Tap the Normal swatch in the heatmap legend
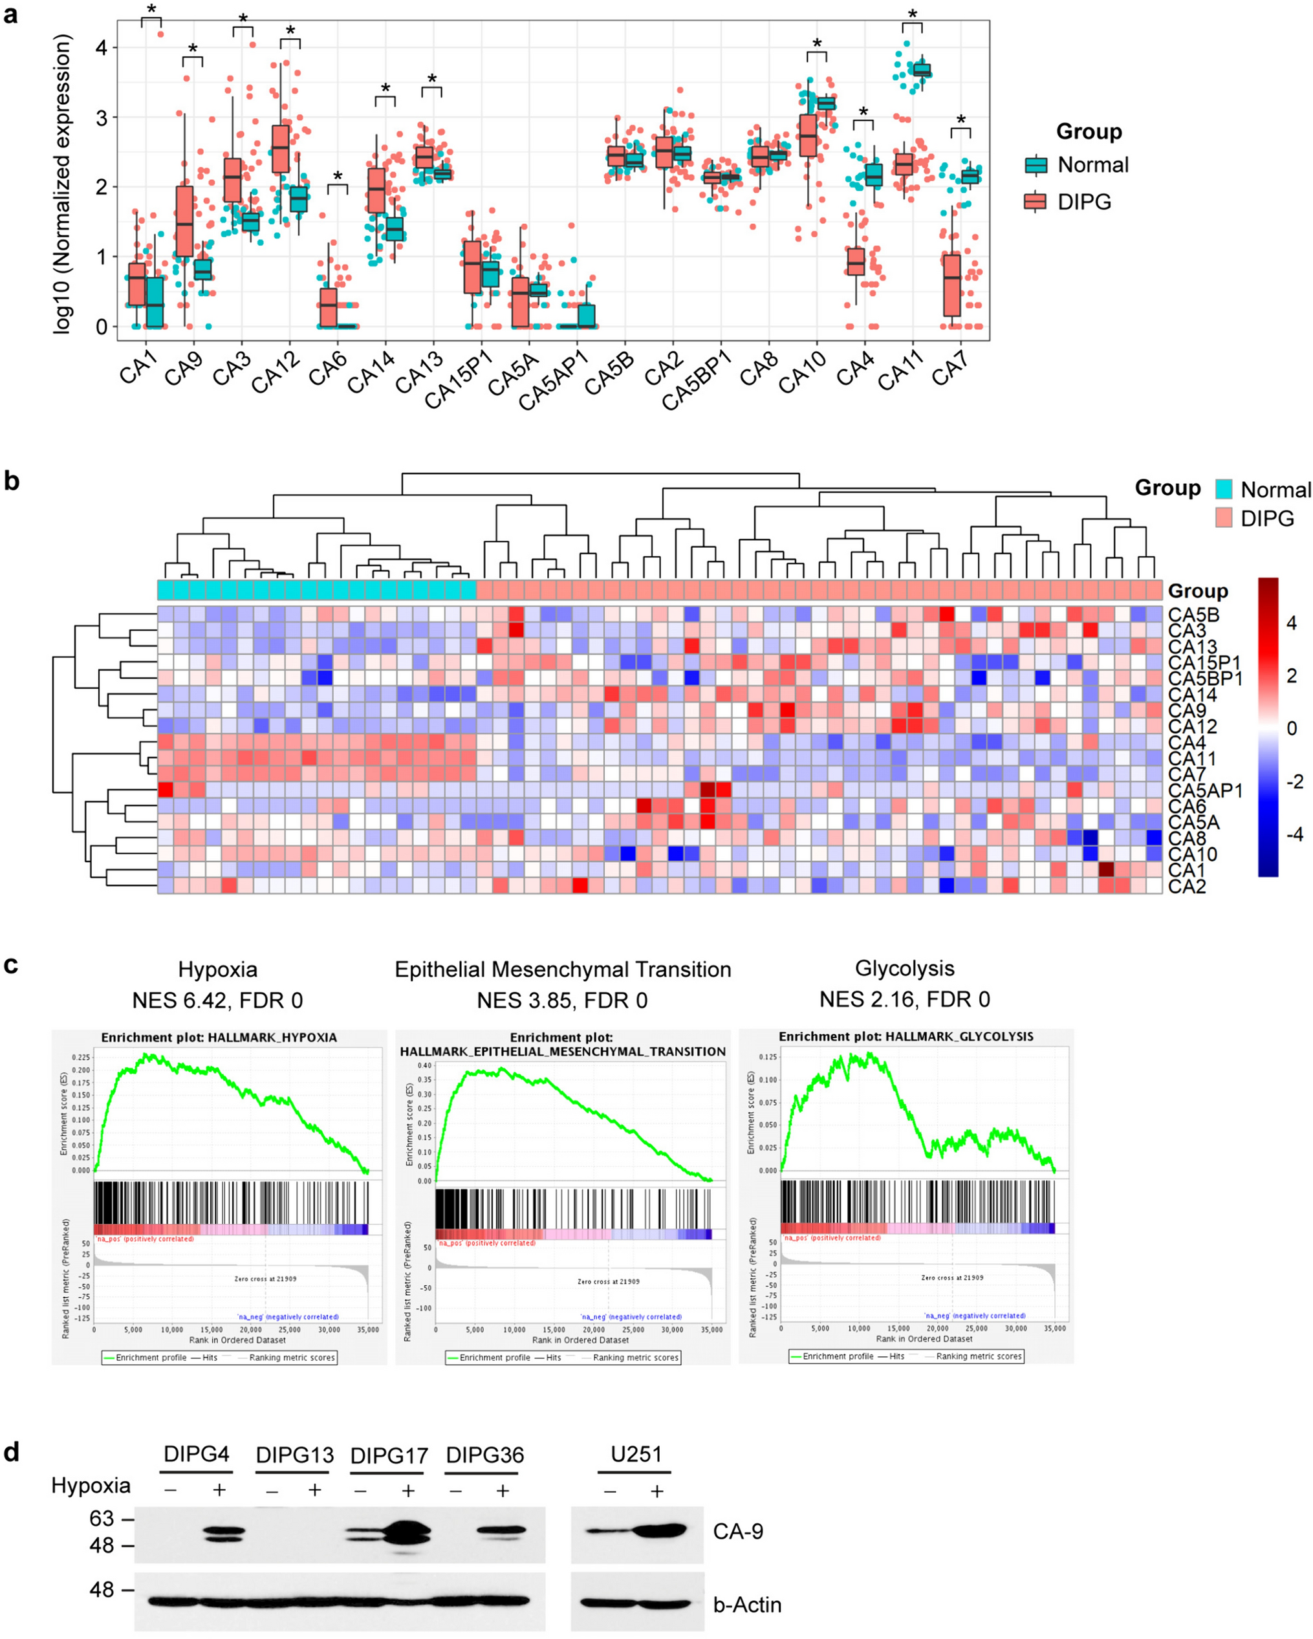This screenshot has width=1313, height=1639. click(x=1223, y=489)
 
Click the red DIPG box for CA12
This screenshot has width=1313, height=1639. click(x=281, y=148)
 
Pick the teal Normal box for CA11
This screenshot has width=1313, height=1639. click(x=922, y=70)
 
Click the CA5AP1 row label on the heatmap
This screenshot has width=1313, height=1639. click(x=1205, y=790)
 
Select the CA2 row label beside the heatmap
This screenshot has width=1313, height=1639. click(x=1187, y=886)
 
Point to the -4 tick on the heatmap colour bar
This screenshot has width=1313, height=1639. click(x=1291, y=834)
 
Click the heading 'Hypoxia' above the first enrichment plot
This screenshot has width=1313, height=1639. click(x=217, y=970)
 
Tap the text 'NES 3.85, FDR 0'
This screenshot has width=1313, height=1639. click(x=562, y=1001)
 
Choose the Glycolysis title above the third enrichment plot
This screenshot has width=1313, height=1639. click(x=905, y=968)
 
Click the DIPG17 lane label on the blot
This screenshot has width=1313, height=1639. click(x=389, y=1456)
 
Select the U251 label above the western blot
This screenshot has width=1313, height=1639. click(x=636, y=1454)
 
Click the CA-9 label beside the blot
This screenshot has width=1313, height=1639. click(x=737, y=1531)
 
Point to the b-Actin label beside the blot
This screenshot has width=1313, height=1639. click(x=746, y=1605)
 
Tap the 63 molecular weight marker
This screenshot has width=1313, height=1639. click(x=102, y=1519)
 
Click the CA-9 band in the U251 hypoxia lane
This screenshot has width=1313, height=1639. click(x=658, y=1530)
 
